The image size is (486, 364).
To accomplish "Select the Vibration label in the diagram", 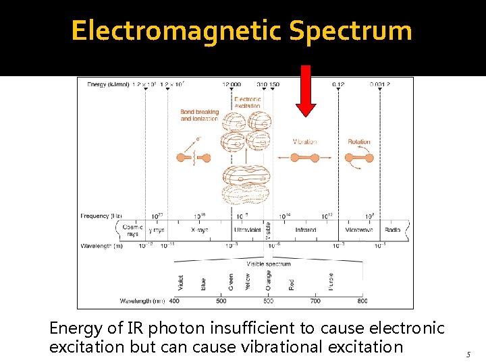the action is pos(304,142).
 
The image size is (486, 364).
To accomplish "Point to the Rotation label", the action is pos(359,142).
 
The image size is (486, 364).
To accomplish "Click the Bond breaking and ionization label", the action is pos(199,115).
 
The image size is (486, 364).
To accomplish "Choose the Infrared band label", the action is pos(305,230).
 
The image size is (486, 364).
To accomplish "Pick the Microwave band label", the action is pos(359,230).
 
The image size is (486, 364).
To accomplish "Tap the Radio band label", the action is pos(393,230).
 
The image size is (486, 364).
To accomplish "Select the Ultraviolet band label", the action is pos(248,230).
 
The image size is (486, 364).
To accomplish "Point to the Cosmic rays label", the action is pos(132,231).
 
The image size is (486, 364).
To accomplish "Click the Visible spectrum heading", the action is pos(269,264).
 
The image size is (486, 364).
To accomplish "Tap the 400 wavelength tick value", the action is pos(175,301).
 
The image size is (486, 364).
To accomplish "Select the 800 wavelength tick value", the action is pos(362,301).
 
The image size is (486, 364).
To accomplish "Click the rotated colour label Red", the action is pos(292,284).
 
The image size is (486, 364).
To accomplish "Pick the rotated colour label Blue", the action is pos(203,284).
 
